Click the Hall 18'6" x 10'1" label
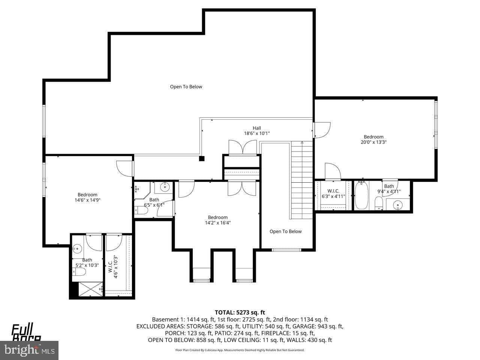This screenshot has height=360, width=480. tap(257, 130)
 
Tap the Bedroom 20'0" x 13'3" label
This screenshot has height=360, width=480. tap(373, 139)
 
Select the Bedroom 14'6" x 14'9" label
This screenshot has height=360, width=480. tap(87, 197)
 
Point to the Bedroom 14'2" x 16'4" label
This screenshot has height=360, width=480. tap(217, 220)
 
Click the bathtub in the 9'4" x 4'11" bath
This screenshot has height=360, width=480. tap(361, 195)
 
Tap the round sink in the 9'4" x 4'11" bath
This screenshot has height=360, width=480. tap(397, 205)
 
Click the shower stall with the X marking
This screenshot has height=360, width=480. tap(90, 289)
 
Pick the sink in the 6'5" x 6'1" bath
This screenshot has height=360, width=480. tap(165, 186)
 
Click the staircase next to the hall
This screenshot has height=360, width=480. tap(301, 180)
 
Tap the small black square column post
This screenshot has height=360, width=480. tap(202, 159)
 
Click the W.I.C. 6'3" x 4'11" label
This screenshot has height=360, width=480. tap(333, 193)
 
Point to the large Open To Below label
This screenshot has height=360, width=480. tap(186, 87)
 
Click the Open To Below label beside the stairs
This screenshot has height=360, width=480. tap(285, 231)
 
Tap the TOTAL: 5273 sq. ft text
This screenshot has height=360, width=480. tap(240, 312)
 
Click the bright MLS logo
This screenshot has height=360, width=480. tap(29, 350)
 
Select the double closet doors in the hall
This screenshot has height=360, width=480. tap(243, 147)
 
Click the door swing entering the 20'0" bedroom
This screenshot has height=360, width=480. tap(322, 130)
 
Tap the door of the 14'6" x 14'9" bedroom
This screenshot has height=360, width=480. tap(125, 168)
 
